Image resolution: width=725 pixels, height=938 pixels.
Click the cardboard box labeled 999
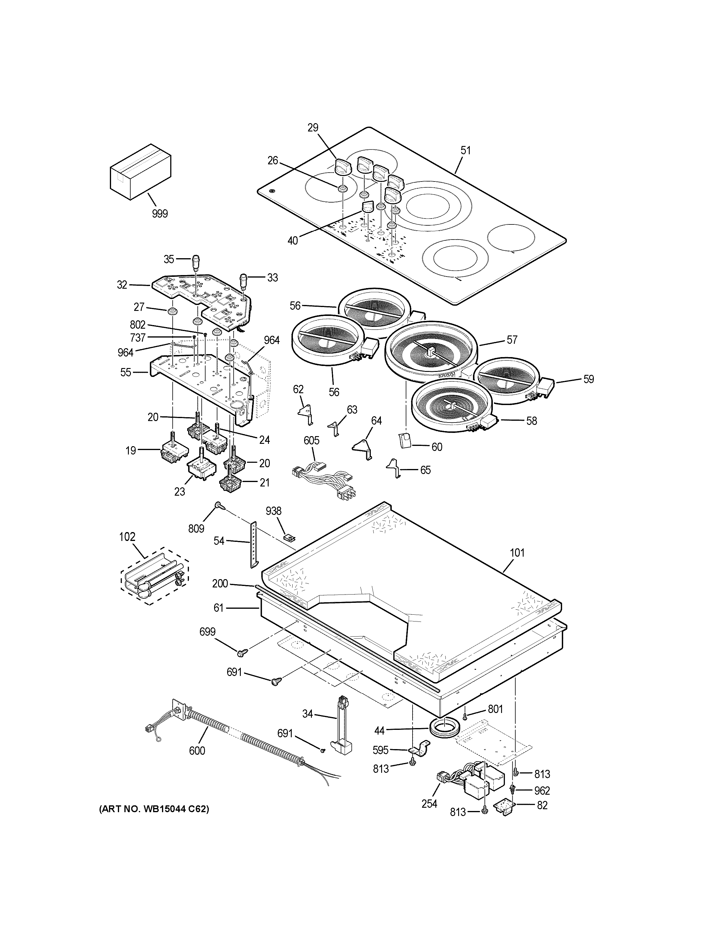tap(140, 172)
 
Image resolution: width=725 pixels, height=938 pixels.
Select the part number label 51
tap(466, 150)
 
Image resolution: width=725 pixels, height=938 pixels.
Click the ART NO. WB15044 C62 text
tap(154, 809)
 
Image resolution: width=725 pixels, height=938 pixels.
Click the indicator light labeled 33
tap(244, 280)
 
